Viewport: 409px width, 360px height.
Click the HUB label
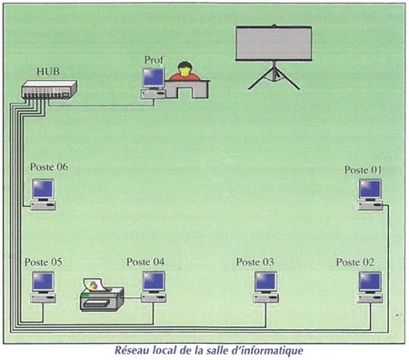48,72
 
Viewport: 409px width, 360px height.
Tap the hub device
49,89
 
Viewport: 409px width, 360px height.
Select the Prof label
154,60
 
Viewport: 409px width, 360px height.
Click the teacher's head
185,68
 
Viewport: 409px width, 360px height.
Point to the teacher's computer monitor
154,78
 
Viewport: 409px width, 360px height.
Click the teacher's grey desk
187,89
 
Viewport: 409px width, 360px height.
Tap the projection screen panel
274,44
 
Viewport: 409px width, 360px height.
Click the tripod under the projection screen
274,75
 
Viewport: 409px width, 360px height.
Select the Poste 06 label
49,167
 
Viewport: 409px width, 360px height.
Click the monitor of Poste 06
43,190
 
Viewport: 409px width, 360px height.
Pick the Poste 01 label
364,170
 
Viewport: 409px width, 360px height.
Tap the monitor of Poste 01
370,190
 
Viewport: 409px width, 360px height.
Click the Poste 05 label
44,262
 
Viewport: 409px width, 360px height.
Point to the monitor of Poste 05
44,282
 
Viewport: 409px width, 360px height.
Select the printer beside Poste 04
102,299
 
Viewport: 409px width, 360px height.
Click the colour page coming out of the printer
95,285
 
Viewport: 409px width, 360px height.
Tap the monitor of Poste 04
154,282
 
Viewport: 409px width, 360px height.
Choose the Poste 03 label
255,262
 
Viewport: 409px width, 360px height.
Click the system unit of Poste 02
370,299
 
